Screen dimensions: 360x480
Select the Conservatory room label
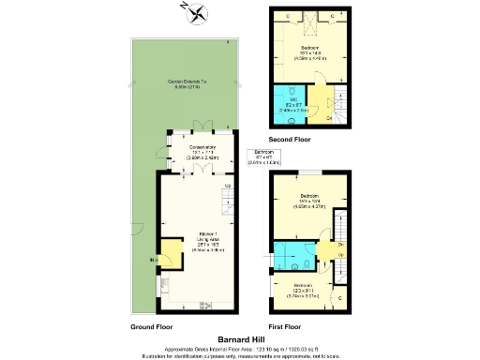click(x=198, y=153)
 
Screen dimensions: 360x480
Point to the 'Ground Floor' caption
click(x=151, y=327)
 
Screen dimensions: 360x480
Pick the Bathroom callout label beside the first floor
click(x=264, y=157)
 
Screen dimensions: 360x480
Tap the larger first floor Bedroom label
click(x=310, y=202)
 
